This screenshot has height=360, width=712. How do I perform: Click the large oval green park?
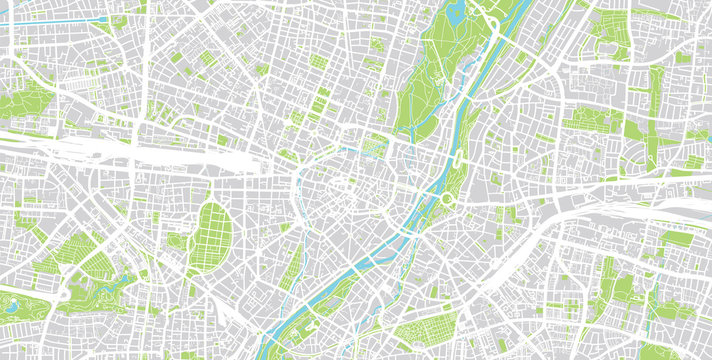[213, 232]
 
